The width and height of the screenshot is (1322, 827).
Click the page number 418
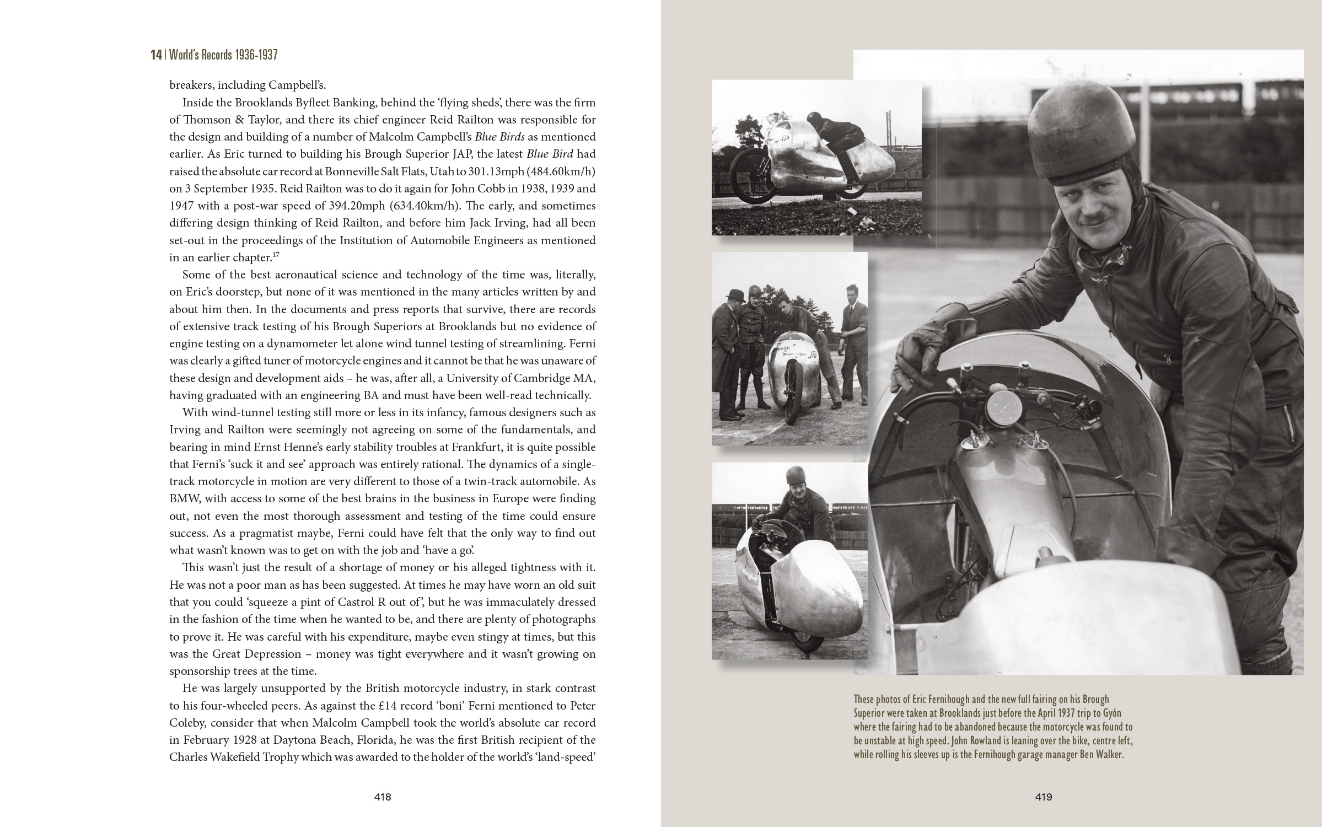tap(383, 797)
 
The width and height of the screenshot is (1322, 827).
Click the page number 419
tap(1044, 797)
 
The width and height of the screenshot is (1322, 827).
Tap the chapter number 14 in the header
tap(157, 55)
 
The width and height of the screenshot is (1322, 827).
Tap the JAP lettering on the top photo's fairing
tap(782, 141)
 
